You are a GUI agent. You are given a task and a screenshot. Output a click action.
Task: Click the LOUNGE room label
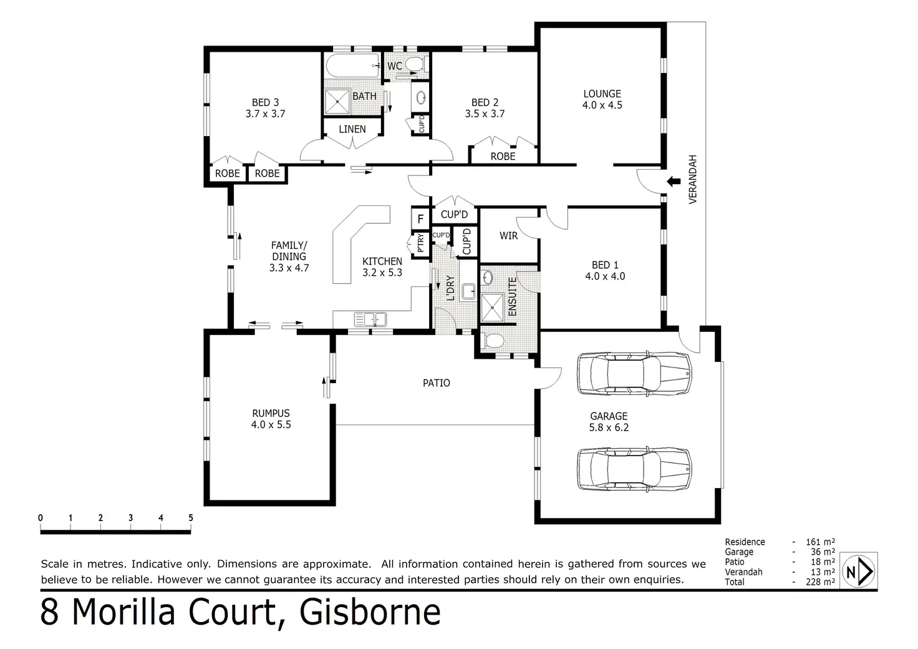pyautogui.click(x=602, y=94)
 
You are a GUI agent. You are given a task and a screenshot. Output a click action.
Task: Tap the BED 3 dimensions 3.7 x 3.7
pyautogui.click(x=265, y=114)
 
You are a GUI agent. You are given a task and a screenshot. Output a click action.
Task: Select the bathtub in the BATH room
pyautogui.click(x=353, y=66)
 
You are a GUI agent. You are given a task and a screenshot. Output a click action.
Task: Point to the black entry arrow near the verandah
pyautogui.click(x=674, y=181)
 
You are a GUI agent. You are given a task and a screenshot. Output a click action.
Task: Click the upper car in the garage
pyautogui.click(x=634, y=374)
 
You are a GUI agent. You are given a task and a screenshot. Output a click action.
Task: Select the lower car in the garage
pyautogui.click(x=634, y=469)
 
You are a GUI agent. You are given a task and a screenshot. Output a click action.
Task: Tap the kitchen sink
pyautogui.click(x=370, y=320)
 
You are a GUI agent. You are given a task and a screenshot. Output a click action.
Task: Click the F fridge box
pyautogui.click(x=420, y=219)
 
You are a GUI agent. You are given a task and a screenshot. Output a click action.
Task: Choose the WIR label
pyautogui.click(x=509, y=236)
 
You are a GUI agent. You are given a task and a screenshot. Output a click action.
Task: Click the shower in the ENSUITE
pyautogui.click(x=492, y=308)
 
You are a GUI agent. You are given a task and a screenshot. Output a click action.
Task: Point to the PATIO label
pyautogui.click(x=437, y=383)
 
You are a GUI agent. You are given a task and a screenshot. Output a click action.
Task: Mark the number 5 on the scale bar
pyautogui.click(x=191, y=518)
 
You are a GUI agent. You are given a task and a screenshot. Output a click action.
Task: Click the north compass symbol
pyautogui.click(x=859, y=571)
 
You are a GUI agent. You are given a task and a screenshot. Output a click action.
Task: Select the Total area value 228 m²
pyautogui.click(x=820, y=582)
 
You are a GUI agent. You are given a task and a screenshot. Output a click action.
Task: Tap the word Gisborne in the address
pyautogui.click(x=370, y=613)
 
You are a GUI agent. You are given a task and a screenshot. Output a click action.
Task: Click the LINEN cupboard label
pyautogui.click(x=352, y=129)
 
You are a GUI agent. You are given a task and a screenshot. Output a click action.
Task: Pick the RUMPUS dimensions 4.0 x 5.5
pyautogui.click(x=271, y=425)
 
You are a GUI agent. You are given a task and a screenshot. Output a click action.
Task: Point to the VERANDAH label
pyautogui.click(x=693, y=179)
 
